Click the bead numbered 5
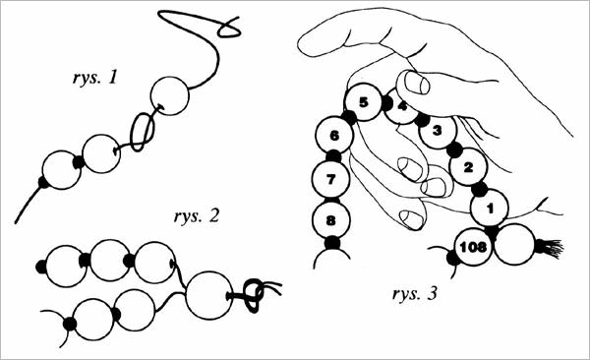(x=363, y=103)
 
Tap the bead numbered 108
(x=473, y=247)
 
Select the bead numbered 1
(x=489, y=209)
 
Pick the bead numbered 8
(x=331, y=220)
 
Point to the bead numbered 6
(x=333, y=135)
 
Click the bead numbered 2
(x=468, y=167)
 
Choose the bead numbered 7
(x=331, y=179)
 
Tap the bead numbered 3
(x=438, y=131)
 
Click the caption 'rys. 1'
(x=94, y=78)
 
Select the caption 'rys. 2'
(x=196, y=217)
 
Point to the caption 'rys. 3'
(x=415, y=294)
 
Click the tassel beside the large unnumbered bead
(x=550, y=249)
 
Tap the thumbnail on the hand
(x=417, y=83)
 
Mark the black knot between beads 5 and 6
(x=349, y=118)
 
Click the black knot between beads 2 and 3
(x=454, y=150)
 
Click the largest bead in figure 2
(x=209, y=296)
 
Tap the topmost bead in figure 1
(x=170, y=95)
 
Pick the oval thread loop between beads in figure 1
(x=143, y=132)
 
